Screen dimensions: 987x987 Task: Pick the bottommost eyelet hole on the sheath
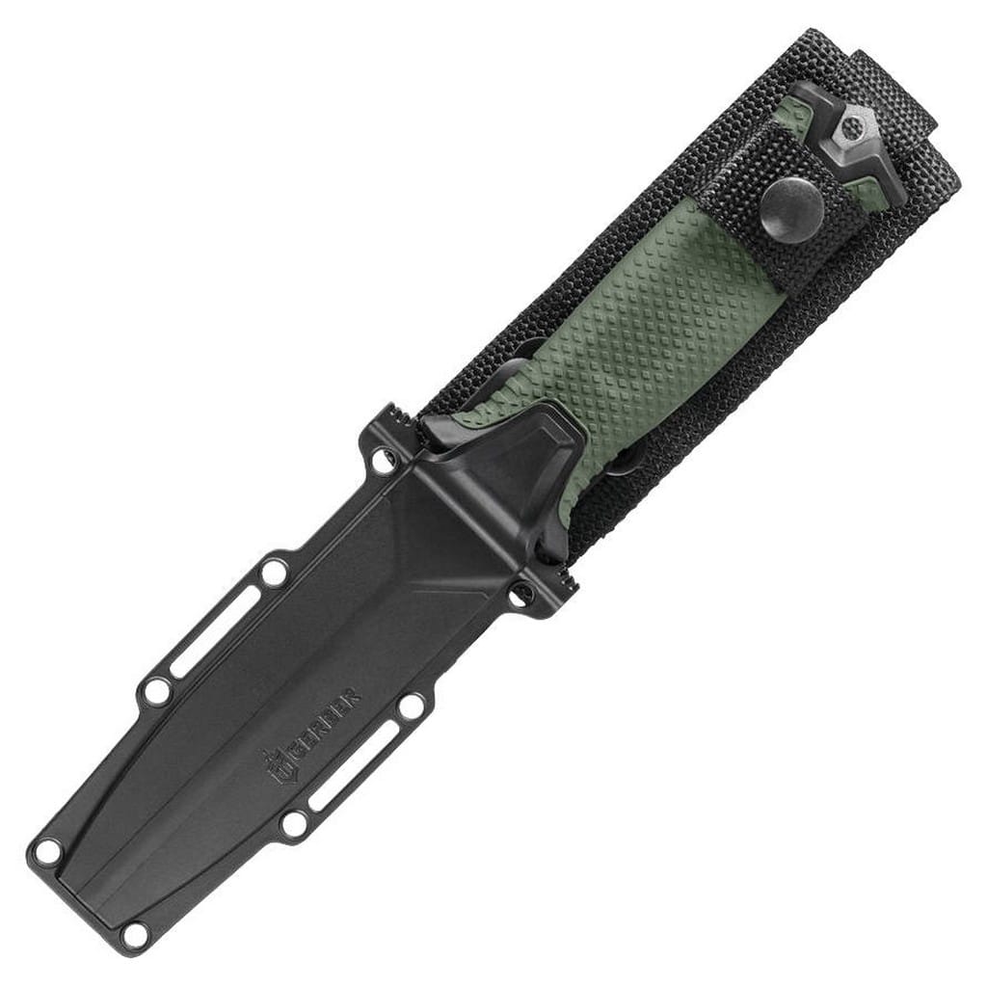tap(134, 933)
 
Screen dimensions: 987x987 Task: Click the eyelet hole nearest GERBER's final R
tap(411, 707)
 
